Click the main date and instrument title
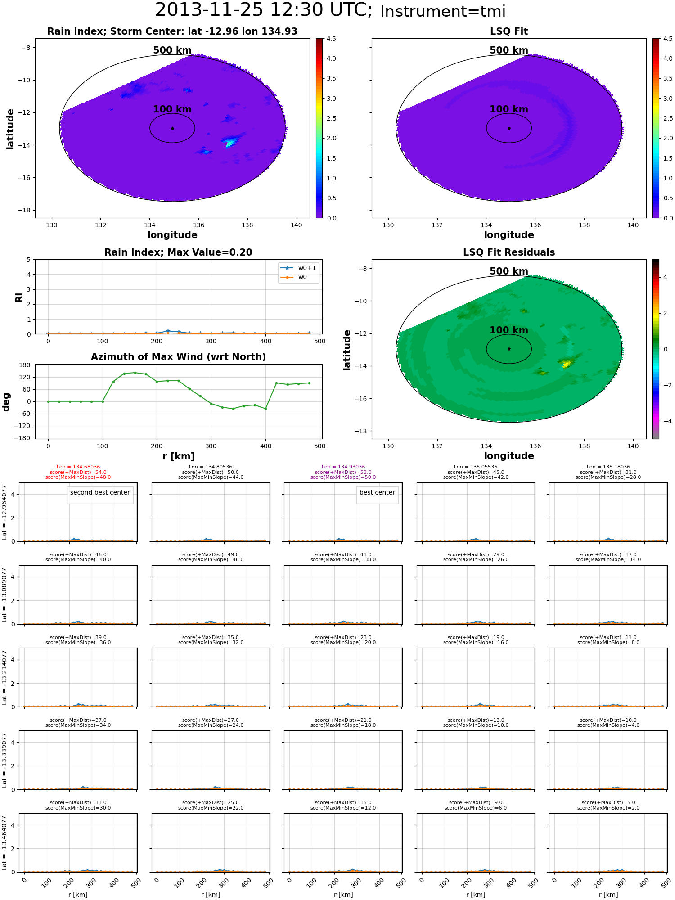[330, 10]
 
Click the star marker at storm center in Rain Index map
[172, 128]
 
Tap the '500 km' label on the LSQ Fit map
[509, 50]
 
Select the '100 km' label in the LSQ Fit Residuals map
[509, 330]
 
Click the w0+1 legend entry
[298, 268]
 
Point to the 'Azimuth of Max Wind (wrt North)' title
[178, 357]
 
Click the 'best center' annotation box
[377, 492]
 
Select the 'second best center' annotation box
[100, 492]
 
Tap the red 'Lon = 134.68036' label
[78, 467]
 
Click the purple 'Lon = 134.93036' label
[343, 467]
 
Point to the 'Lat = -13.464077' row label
[4, 842]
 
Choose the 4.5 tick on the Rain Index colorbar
[331, 39]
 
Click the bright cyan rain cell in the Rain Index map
[230, 143]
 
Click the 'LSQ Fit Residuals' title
[509, 252]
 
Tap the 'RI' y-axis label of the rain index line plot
[19, 297]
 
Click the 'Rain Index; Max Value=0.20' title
[178, 252]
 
